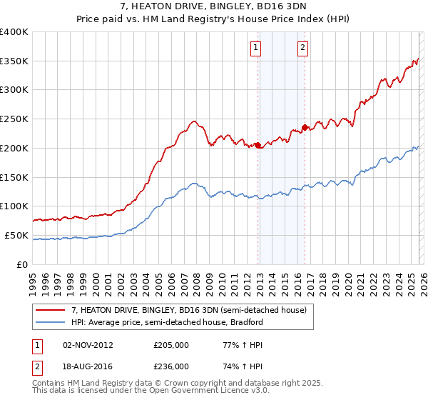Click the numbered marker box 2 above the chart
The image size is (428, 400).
(x=302, y=48)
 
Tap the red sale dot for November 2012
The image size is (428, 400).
(x=258, y=145)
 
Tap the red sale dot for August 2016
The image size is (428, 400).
(x=305, y=127)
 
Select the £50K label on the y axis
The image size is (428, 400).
(x=16, y=235)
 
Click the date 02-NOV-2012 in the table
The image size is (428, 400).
(x=88, y=345)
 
